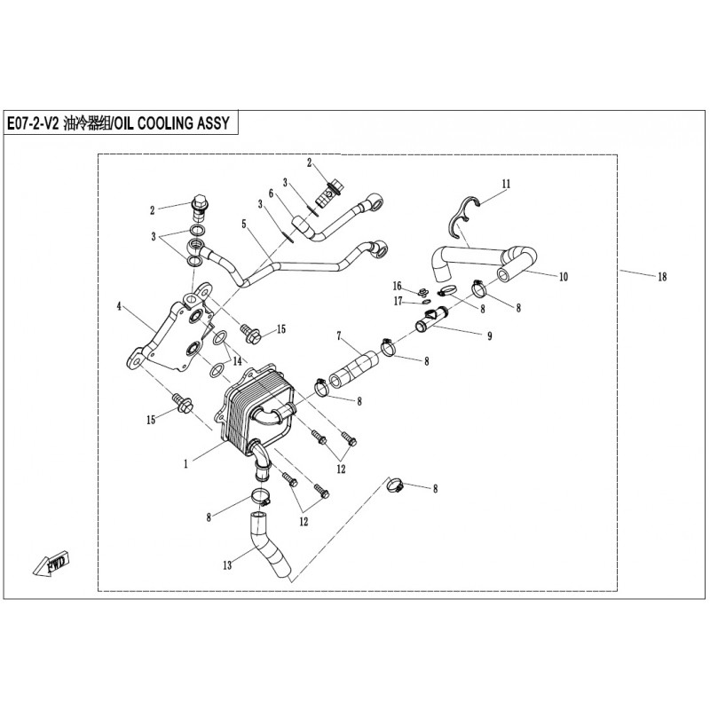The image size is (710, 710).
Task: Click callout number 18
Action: click(x=662, y=276)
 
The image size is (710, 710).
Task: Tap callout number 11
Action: click(x=506, y=184)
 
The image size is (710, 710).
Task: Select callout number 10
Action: click(x=564, y=276)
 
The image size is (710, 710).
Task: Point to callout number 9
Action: click(x=490, y=336)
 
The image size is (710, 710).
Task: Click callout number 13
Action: click(x=227, y=565)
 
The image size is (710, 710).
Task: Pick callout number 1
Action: click(x=185, y=464)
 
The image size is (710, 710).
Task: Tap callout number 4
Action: click(x=119, y=306)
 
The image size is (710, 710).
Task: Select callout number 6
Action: click(x=271, y=193)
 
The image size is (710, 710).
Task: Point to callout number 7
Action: click(x=338, y=336)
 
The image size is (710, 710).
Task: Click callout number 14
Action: click(x=237, y=361)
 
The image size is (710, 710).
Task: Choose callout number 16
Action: click(x=397, y=286)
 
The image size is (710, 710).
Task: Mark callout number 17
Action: click(x=398, y=301)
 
